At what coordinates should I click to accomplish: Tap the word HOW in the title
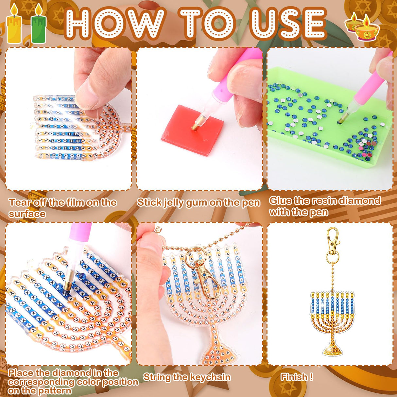pyautogui.click(x=114, y=24)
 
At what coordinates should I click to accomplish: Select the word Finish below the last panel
pyautogui.click(x=294, y=377)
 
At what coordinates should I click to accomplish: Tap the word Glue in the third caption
pyautogui.click(x=280, y=200)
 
